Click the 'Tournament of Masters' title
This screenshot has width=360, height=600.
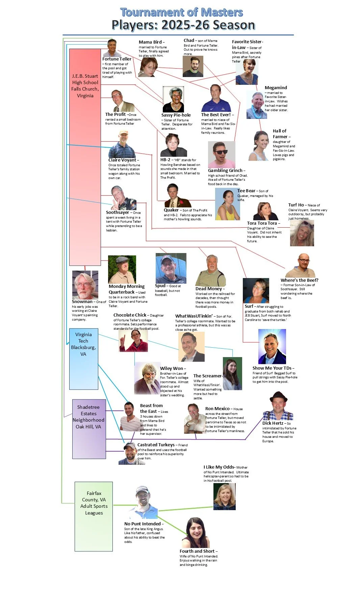point(181,12)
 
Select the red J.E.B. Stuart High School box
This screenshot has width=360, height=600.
point(85,157)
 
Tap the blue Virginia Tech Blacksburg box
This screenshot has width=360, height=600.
point(83,359)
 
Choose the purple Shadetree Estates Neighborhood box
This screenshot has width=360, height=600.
point(89,429)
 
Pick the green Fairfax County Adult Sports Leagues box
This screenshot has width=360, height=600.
point(94,516)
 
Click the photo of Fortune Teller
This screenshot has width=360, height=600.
point(112,48)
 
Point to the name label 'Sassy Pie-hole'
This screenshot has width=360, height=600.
point(176,115)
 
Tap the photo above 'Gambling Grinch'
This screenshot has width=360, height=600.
point(222,154)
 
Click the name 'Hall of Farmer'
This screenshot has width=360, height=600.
point(280,134)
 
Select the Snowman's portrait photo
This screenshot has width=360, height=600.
point(85,285)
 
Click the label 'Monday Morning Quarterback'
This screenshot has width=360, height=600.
point(127,289)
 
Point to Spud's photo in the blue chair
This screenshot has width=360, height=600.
point(171,268)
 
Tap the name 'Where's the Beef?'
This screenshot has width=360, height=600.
point(299,280)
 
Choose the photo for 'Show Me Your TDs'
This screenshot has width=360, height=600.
point(272,346)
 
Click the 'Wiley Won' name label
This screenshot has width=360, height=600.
point(172,368)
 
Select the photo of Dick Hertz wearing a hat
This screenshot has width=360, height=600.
point(278,406)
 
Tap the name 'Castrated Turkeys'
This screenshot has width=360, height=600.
point(156,445)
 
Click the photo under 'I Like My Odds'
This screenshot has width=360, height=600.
point(225,496)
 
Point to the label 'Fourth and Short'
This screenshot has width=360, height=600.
point(197,551)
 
